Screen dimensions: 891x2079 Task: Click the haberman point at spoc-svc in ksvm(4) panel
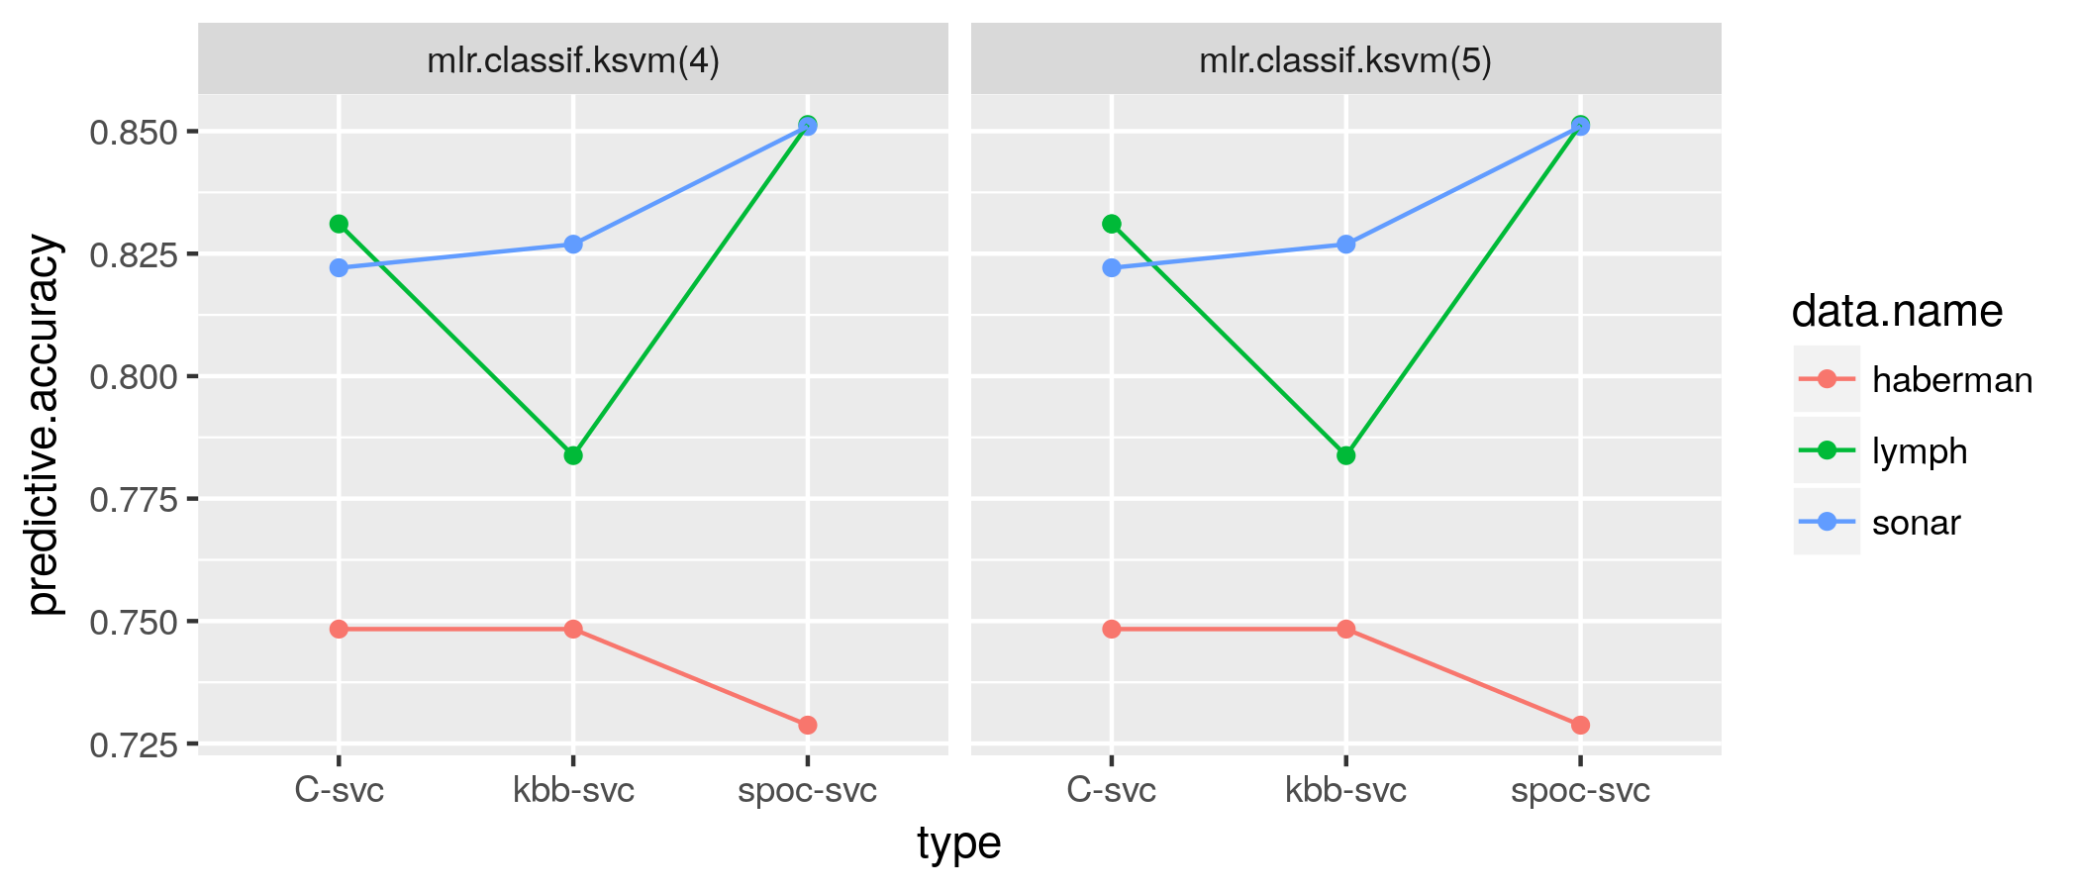pyautogui.click(x=807, y=725)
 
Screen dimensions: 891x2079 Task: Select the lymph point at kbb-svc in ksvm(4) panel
pyautogui.click(x=573, y=455)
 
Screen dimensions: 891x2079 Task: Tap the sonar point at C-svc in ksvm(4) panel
pyautogui.click(x=339, y=267)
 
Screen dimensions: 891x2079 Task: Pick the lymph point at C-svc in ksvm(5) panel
pyautogui.click(x=1112, y=224)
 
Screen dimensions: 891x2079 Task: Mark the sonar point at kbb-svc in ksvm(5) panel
pyautogui.click(x=1345, y=245)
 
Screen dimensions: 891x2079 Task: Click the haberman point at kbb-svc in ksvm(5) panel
pyautogui.click(x=1345, y=629)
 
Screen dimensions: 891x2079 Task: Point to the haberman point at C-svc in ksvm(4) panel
pyautogui.click(x=339, y=629)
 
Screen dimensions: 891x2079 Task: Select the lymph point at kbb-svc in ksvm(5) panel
pyautogui.click(x=1345, y=455)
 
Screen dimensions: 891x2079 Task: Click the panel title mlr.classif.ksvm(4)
pyautogui.click(x=573, y=61)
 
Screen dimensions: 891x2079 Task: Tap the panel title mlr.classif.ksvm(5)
pyautogui.click(x=1345, y=61)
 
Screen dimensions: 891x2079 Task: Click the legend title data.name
pyautogui.click(x=1897, y=312)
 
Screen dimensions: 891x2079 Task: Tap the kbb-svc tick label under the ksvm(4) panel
pyautogui.click(x=573, y=791)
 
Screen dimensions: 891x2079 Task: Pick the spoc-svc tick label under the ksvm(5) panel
pyautogui.click(x=1580, y=791)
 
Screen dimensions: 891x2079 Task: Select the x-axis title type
pyautogui.click(x=958, y=843)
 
